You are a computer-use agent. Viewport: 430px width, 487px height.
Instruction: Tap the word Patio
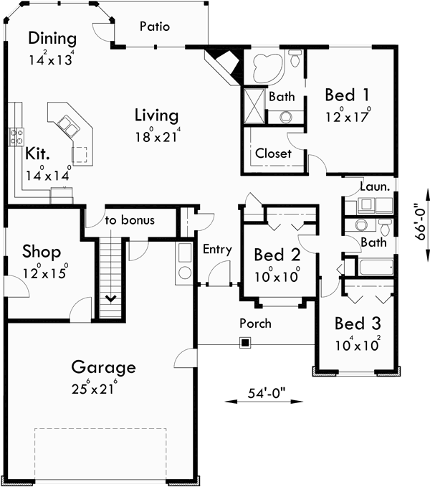(x=154, y=27)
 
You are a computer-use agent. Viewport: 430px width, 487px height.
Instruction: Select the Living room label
(x=156, y=115)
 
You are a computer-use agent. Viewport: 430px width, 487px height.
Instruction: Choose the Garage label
(x=103, y=368)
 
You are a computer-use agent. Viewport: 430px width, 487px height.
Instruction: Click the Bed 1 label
(x=348, y=95)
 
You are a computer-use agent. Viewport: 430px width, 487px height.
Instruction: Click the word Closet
(x=273, y=153)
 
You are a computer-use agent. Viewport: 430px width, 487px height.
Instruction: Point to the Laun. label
(x=375, y=186)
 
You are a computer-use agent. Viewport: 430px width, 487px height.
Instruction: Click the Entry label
(x=217, y=250)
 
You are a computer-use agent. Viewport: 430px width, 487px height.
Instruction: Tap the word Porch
(x=255, y=323)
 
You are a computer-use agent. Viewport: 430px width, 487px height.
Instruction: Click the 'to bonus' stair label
(x=130, y=220)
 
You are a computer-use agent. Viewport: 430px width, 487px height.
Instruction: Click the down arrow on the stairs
(x=112, y=298)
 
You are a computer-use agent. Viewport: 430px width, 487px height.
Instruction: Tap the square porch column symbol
(x=245, y=343)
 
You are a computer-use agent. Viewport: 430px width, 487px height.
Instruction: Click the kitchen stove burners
(x=16, y=136)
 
